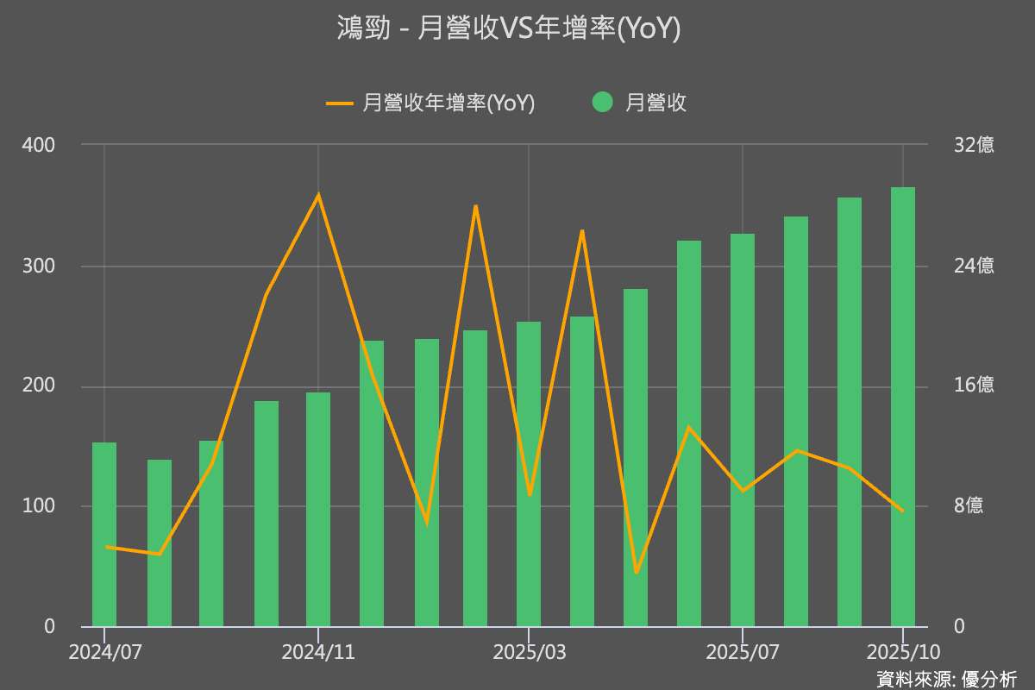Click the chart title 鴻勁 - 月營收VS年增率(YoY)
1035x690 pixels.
click(x=509, y=28)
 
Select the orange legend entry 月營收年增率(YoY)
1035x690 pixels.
click(x=431, y=103)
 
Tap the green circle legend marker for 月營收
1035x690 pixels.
click(x=603, y=103)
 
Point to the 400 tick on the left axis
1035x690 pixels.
click(x=38, y=145)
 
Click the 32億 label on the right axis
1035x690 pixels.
click(x=974, y=145)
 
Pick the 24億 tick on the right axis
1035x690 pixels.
click(x=974, y=266)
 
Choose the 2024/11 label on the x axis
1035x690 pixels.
click(x=318, y=652)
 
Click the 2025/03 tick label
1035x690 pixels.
click(x=529, y=652)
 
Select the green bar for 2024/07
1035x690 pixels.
click(x=104, y=535)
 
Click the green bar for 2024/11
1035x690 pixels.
click(x=318, y=509)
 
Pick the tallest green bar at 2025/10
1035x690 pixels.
click(x=903, y=405)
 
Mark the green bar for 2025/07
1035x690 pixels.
click(x=743, y=431)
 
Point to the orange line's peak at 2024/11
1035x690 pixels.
click(x=318, y=194)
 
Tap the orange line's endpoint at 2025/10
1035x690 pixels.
click(x=903, y=511)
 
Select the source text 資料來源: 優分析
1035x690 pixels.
click(x=946, y=679)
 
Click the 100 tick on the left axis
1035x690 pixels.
click(x=38, y=506)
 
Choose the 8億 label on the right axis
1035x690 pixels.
click(x=969, y=506)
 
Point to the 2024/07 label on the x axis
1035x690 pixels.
click(x=104, y=652)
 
